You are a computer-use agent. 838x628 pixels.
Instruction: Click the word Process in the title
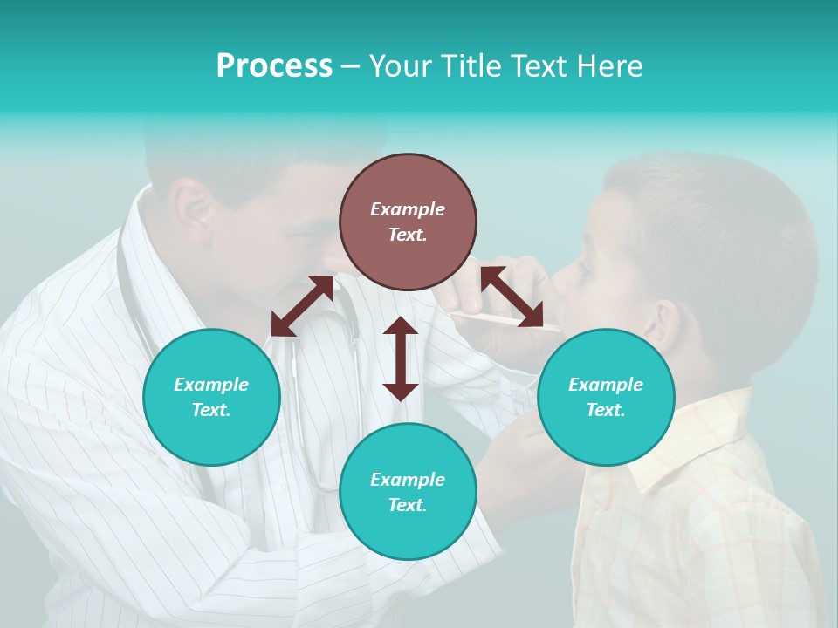274,66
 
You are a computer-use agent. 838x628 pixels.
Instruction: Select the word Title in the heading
471,66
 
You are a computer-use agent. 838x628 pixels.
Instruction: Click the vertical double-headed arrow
401,358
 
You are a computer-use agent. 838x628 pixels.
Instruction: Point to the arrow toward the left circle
302,306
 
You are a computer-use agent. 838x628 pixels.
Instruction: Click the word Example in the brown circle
408,209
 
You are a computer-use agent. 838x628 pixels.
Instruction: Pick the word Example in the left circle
211,385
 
